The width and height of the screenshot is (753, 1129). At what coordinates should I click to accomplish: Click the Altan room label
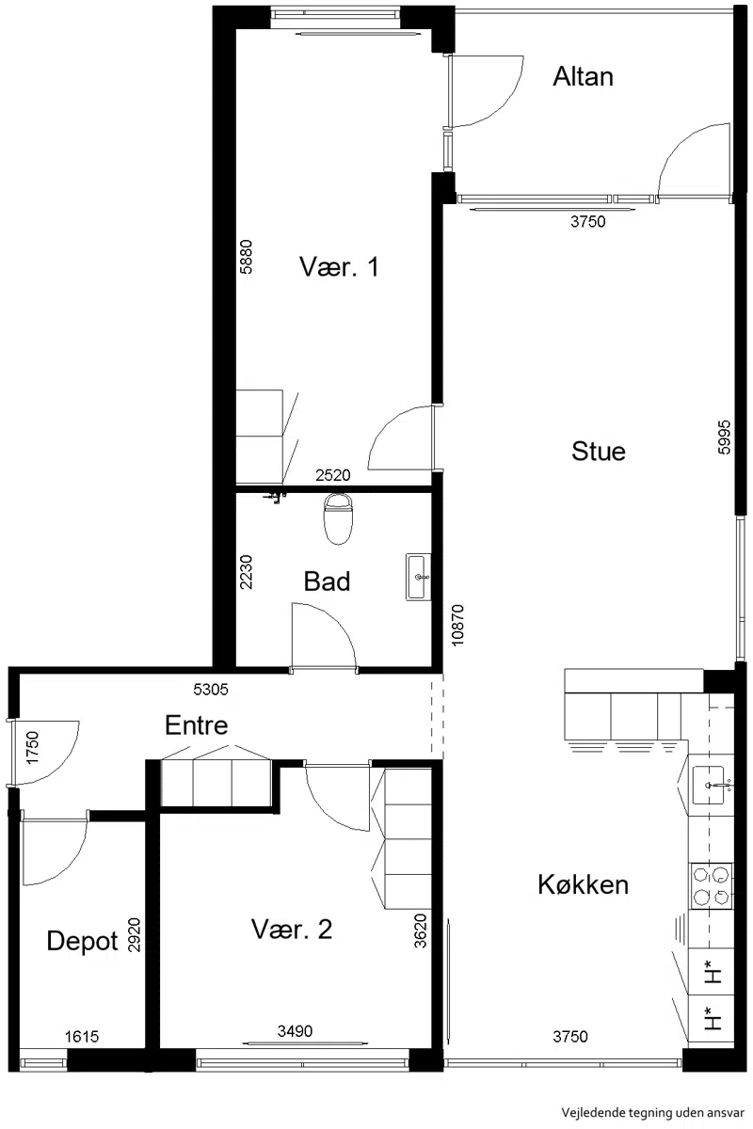click(583, 77)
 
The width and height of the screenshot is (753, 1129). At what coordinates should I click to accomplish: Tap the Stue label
click(598, 451)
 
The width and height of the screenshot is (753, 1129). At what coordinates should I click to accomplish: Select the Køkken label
click(583, 884)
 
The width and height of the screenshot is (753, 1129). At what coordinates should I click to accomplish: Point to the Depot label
click(82, 941)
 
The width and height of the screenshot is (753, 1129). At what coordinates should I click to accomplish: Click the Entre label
click(196, 725)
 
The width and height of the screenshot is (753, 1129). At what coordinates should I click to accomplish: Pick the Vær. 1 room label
click(339, 266)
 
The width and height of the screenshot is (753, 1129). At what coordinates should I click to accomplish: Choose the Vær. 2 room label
click(292, 929)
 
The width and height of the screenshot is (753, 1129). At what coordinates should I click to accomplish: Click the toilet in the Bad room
click(337, 518)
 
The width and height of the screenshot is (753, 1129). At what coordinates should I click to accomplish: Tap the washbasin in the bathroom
click(419, 577)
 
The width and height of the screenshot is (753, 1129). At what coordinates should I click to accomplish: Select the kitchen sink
click(711, 785)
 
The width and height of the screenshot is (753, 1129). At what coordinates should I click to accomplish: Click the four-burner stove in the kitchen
click(711, 886)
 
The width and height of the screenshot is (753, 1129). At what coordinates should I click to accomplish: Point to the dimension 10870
click(457, 626)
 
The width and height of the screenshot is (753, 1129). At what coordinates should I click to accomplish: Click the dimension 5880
click(246, 257)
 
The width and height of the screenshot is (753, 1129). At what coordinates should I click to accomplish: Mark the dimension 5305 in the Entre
click(211, 689)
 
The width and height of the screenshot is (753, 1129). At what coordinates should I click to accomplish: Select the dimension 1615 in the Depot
click(82, 1036)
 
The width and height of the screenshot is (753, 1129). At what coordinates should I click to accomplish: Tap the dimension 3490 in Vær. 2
click(295, 1031)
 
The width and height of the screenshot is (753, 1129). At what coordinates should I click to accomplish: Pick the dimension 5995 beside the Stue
click(724, 437)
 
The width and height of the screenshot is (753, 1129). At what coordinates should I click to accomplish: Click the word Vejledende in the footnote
click(585, 1112)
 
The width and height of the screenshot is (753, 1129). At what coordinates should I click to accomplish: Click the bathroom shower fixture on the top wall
click(275, 498)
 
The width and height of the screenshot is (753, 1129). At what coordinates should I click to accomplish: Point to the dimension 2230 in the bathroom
click(246, 572)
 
